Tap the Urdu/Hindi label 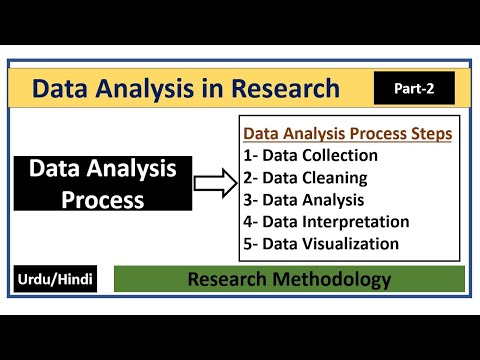[55, 279]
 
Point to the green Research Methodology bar [289, 279]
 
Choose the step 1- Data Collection [311, 155]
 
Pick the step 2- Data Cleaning [305, 178]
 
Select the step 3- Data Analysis [305, 200]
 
